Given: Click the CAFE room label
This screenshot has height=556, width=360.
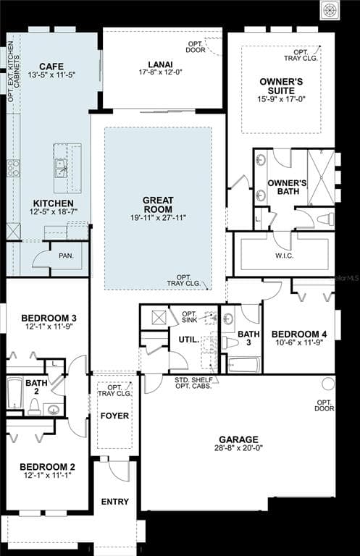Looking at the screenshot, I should tap(51, 66).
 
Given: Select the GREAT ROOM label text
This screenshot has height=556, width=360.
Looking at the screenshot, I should tap(158, 203).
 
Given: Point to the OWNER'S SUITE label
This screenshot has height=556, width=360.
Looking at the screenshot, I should tap(281, 85).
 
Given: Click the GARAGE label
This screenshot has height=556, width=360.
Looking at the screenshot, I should tap(238, 439).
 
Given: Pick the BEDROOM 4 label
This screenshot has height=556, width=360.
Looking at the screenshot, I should tap(299, 334).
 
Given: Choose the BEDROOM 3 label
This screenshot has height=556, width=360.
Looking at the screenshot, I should tap(49, 318).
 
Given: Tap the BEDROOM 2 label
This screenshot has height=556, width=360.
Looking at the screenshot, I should tap(47, 466).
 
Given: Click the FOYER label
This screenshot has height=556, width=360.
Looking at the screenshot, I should tap(114, 416).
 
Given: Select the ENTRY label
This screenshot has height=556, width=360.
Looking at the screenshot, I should tap(115, 502).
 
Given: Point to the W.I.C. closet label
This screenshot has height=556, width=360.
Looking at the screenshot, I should tap(283, 255).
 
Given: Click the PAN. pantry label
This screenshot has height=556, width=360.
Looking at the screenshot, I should tap(66, 256).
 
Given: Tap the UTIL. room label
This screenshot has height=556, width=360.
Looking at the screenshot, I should tap(188, 339).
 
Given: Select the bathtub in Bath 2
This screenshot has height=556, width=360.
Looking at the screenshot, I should tap(15, 394).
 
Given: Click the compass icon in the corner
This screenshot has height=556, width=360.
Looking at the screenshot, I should tap(330, 9).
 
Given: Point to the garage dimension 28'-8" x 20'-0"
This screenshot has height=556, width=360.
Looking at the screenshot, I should tap(238, 448).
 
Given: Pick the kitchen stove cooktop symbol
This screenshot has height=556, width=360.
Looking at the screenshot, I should tap(13, 168).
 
